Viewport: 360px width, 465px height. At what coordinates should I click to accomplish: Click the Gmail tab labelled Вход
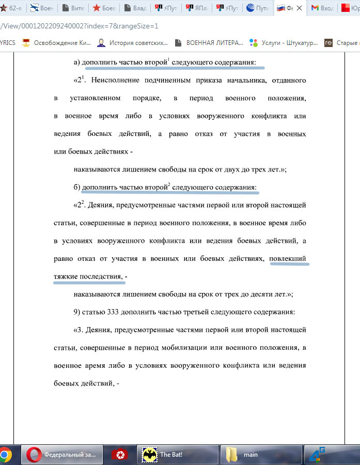pos(322,8)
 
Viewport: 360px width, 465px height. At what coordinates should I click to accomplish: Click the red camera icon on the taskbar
pos(119,455)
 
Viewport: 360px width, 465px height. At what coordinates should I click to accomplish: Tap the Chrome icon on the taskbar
pos(5,455)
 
